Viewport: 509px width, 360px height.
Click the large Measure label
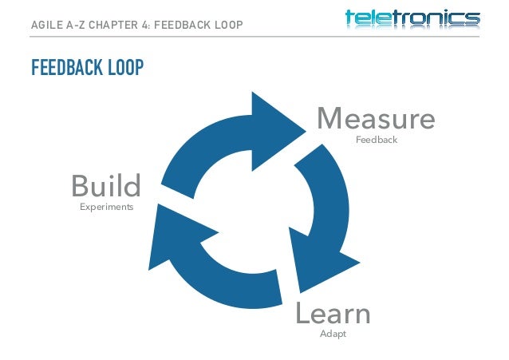pos(376,120)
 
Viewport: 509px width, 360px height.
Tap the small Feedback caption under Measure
pos(376,140)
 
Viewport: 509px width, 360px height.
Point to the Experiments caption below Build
pos(106,207)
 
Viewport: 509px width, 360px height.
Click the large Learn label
pos(333,314)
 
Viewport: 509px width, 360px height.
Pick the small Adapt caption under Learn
pos(333,334)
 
